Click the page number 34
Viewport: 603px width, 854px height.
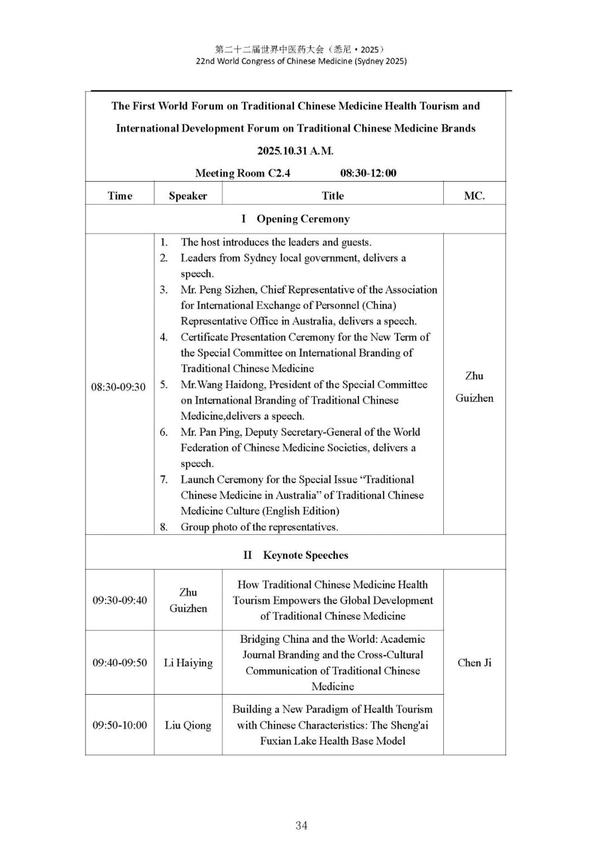tap(301, 825)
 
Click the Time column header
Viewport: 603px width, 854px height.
tap(119, 196)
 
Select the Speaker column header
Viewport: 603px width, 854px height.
tap(188, 196)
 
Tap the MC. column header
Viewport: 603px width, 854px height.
tap(474, 196)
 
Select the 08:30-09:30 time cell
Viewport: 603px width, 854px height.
tap(118, 387)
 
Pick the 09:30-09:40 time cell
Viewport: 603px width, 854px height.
tap(119, 600)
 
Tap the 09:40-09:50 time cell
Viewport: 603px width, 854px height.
tap(119, 663)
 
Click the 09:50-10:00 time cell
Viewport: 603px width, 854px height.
tap(119, 725)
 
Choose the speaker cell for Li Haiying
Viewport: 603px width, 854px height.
tap(188, 663)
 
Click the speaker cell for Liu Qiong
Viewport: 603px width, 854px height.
tap(188, 725)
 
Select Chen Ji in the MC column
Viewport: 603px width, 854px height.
tap(474, 663)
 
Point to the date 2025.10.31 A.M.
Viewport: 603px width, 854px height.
tap(295, 151)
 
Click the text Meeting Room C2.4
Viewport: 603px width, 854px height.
tap(243, 173)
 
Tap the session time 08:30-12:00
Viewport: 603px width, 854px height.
tap(368, 173)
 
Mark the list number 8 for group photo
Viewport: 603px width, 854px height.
tap(164, 527)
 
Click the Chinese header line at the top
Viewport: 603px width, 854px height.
tap(300, 49)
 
